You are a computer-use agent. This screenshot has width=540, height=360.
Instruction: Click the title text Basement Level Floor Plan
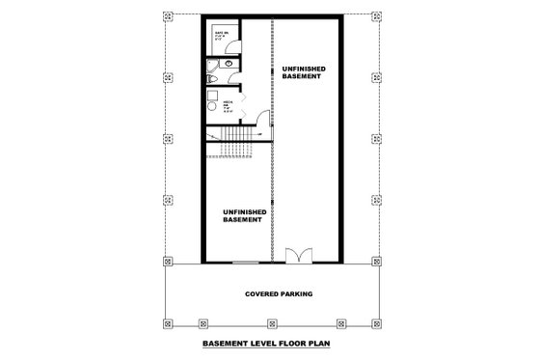click(270, 343)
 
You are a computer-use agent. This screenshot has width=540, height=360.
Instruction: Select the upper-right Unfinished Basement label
click(304, 75)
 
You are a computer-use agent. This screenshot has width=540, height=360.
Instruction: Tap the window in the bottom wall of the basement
click(246, 262)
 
